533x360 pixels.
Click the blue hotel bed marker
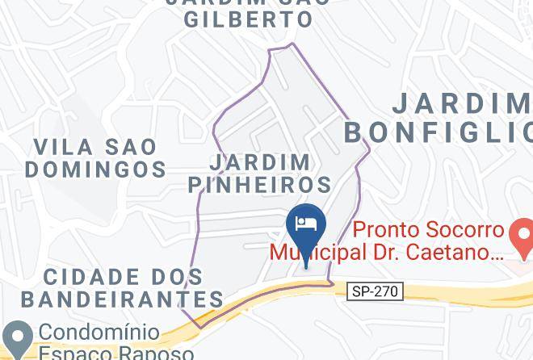pyautogui.click(x=306, y=225)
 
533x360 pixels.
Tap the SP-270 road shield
pyautogui.click(x=375, y=291)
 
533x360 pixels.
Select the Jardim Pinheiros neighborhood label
pyautogui.click(x=259, y=172)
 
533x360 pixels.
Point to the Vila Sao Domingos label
pyautogui.click(x=100, y=158)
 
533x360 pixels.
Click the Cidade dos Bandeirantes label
pyautogui.click(x=122, y=288)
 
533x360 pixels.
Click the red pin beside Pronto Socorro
pyautogui.click(x=520, y=236)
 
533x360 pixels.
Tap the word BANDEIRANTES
pyautogui.click(x=122, y=299)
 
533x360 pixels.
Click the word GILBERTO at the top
pyautogui.click(x=248, y=20)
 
